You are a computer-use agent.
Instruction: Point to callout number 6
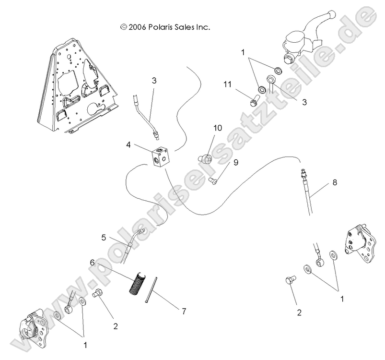pos(93,263)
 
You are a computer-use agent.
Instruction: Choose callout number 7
pos(184,311)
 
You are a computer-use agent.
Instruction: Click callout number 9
pos(236,163)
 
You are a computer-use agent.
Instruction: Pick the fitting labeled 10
pos(204,157)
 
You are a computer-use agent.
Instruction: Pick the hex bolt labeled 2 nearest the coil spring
pos(97,293)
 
